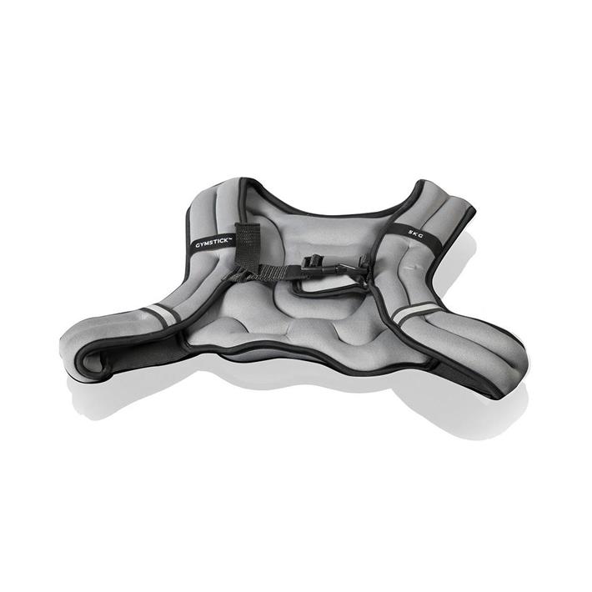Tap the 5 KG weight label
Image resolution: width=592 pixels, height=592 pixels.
[415, 233]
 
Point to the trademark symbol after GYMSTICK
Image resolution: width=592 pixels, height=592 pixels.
[232, 238]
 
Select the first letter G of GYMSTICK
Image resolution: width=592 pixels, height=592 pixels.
[197, 246]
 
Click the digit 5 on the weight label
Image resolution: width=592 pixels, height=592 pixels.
[409, 232]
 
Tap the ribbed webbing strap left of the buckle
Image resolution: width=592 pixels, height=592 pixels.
[278, 273]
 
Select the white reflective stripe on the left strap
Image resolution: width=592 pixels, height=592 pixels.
[160, 312]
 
